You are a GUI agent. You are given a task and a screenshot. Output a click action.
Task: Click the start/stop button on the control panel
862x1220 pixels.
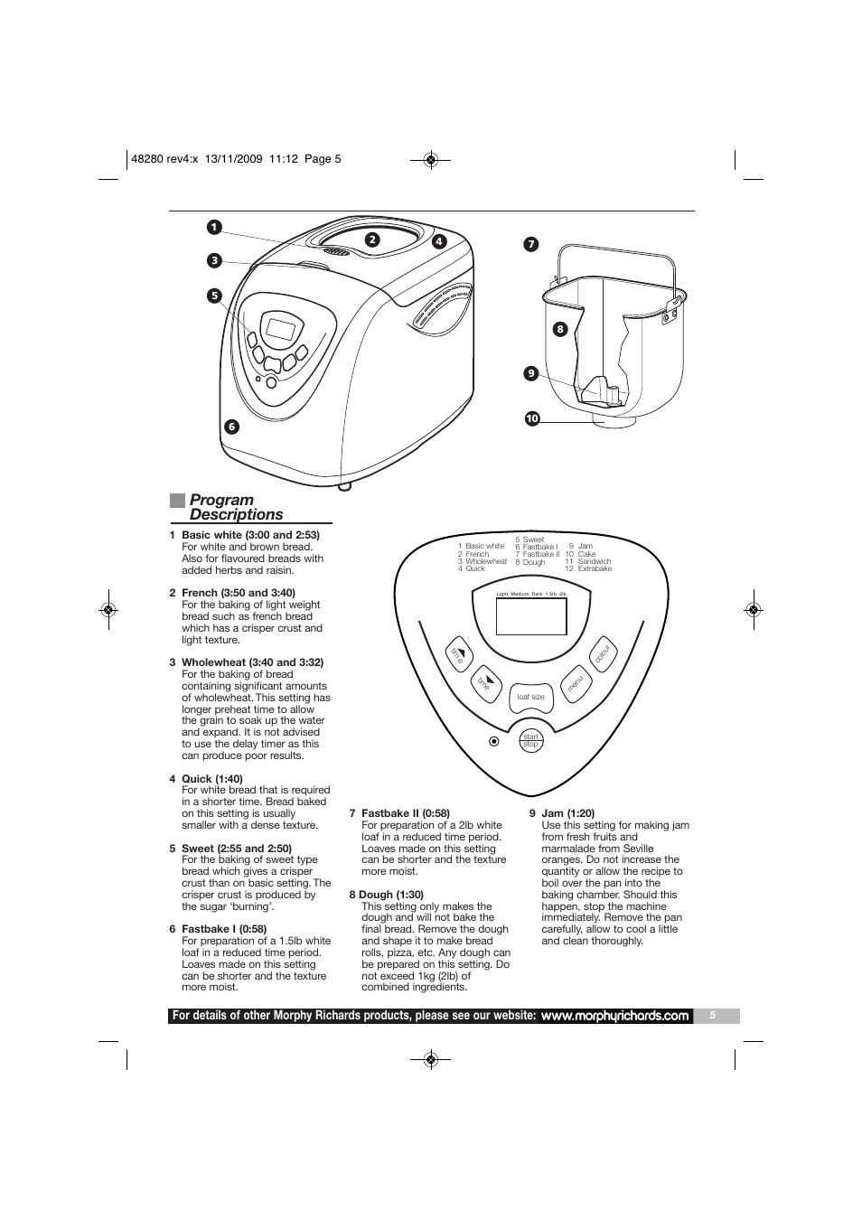coord(531,740)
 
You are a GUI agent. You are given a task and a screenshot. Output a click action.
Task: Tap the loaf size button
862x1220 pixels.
coord(530,697)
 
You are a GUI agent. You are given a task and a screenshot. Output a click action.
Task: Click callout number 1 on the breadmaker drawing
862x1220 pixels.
coord(214,227)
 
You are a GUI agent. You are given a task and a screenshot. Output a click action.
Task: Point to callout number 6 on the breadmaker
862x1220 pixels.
coord(232,427)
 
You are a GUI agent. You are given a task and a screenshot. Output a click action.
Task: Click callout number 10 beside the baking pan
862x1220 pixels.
coord(532,418)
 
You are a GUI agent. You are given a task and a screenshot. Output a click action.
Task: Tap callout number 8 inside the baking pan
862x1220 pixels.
coord(559,329)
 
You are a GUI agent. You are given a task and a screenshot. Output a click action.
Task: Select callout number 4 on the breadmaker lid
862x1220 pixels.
coord(439,242)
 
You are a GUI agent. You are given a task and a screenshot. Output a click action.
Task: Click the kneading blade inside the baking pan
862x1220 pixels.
coord(601,391)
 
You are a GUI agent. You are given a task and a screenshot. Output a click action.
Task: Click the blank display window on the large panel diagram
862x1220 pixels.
coord(531,616)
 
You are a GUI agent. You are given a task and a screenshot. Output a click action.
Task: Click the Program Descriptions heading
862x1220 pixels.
coord(237,507)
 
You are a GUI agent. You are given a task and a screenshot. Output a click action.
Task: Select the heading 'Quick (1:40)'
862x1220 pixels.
coord(212,779)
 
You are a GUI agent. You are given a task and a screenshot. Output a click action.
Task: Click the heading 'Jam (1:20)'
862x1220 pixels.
coord(568,813)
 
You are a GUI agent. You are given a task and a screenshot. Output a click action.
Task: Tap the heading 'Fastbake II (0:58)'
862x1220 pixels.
coord(406,813)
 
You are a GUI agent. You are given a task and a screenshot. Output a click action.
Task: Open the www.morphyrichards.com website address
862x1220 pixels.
coord(615,1016)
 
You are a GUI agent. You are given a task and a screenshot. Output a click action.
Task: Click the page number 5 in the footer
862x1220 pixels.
coord(712,1016)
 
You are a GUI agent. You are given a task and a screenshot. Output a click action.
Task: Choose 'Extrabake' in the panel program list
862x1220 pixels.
coord(595,568)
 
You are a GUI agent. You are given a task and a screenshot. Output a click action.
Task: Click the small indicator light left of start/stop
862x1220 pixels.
coord(494,741)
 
